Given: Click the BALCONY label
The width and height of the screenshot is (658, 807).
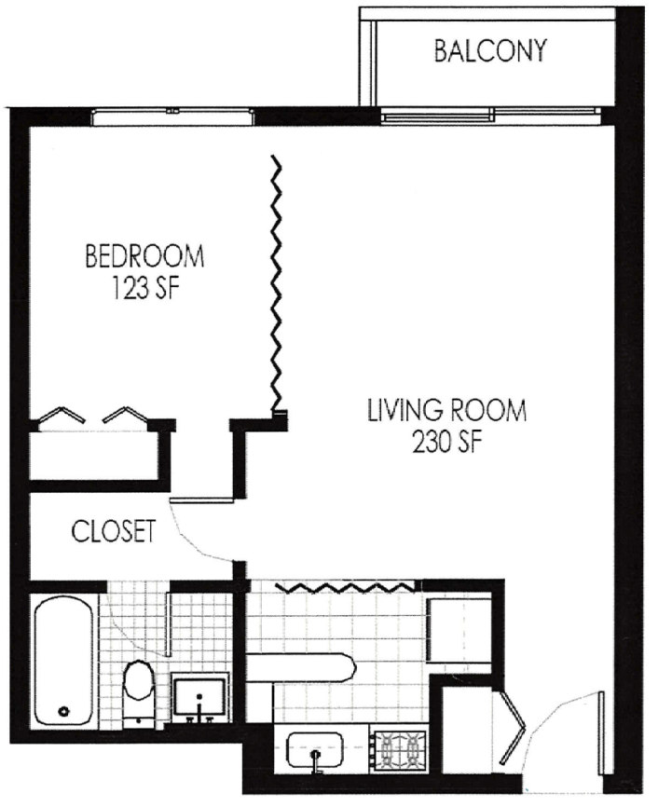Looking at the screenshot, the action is click(x=489, y=51).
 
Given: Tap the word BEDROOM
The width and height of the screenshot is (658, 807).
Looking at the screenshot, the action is click(x=144, y=256).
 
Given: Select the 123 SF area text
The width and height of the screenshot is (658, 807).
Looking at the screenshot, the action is click(x=145, y=288).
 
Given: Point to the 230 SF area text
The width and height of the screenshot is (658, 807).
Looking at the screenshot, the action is click(x=447, y=442).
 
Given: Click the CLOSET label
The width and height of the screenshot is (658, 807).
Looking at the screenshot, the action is click(x=114, y=531).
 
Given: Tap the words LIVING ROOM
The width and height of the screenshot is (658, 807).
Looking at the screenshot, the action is click(x=447, y=411).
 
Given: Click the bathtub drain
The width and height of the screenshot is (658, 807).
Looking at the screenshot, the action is click(x=64, y=712).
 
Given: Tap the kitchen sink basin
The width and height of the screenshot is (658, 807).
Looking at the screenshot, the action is click(x=315, y=750).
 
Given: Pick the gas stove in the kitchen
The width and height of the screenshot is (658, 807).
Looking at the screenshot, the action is click(x=400, y=751).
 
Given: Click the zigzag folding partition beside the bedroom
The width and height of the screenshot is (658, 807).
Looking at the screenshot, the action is click(x=278, y=283).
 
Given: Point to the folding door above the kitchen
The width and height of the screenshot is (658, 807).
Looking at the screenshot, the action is click(x=346, y=587).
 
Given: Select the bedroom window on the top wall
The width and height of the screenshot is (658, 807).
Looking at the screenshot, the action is click(x=172, y=116).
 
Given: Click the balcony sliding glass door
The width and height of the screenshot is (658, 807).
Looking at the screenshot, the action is click(x=490, y=116).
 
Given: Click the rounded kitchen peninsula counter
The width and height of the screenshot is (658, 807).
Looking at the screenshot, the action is click(x=301, y=668).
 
